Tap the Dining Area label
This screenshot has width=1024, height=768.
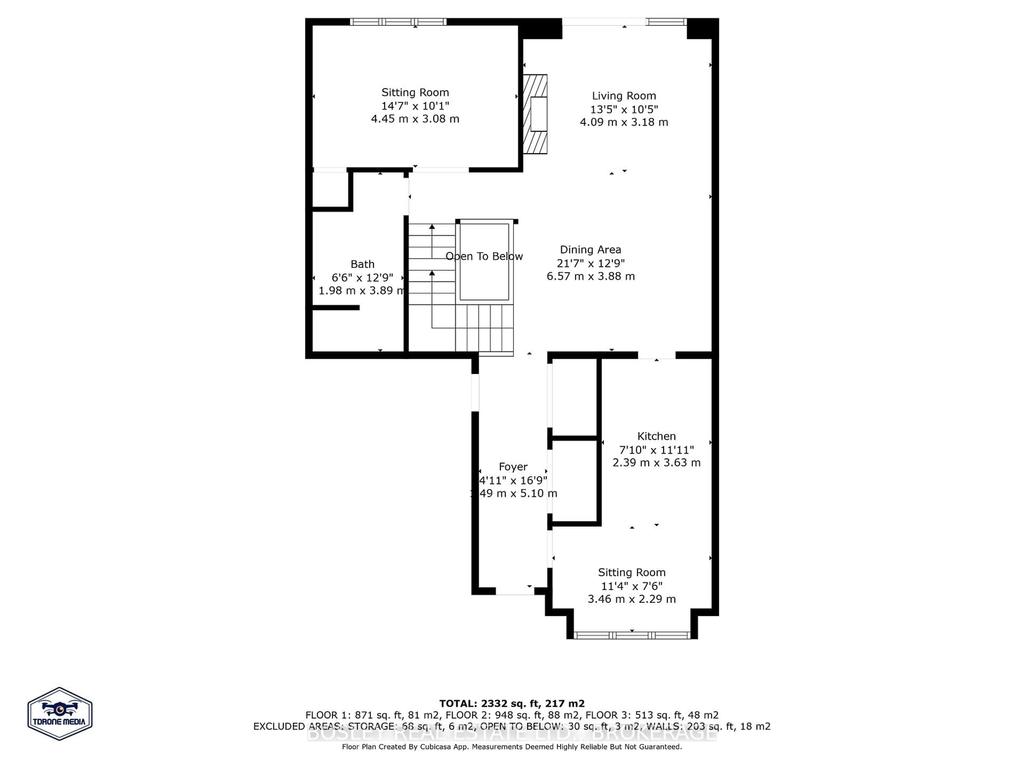(590, 250)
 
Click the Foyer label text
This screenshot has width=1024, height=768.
(513, 467)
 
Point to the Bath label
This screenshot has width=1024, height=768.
(362, 264)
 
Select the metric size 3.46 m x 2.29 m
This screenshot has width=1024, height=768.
(631, 599)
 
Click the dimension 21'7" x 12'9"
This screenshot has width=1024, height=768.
(590, 263)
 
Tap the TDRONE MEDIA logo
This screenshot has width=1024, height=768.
(60, 713)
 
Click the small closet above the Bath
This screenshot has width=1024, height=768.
(330, 190)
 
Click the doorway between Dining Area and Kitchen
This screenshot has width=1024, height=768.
(657, 355)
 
